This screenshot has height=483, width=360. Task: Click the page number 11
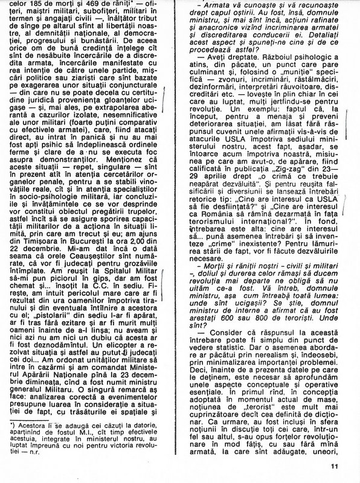click(336, 466)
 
